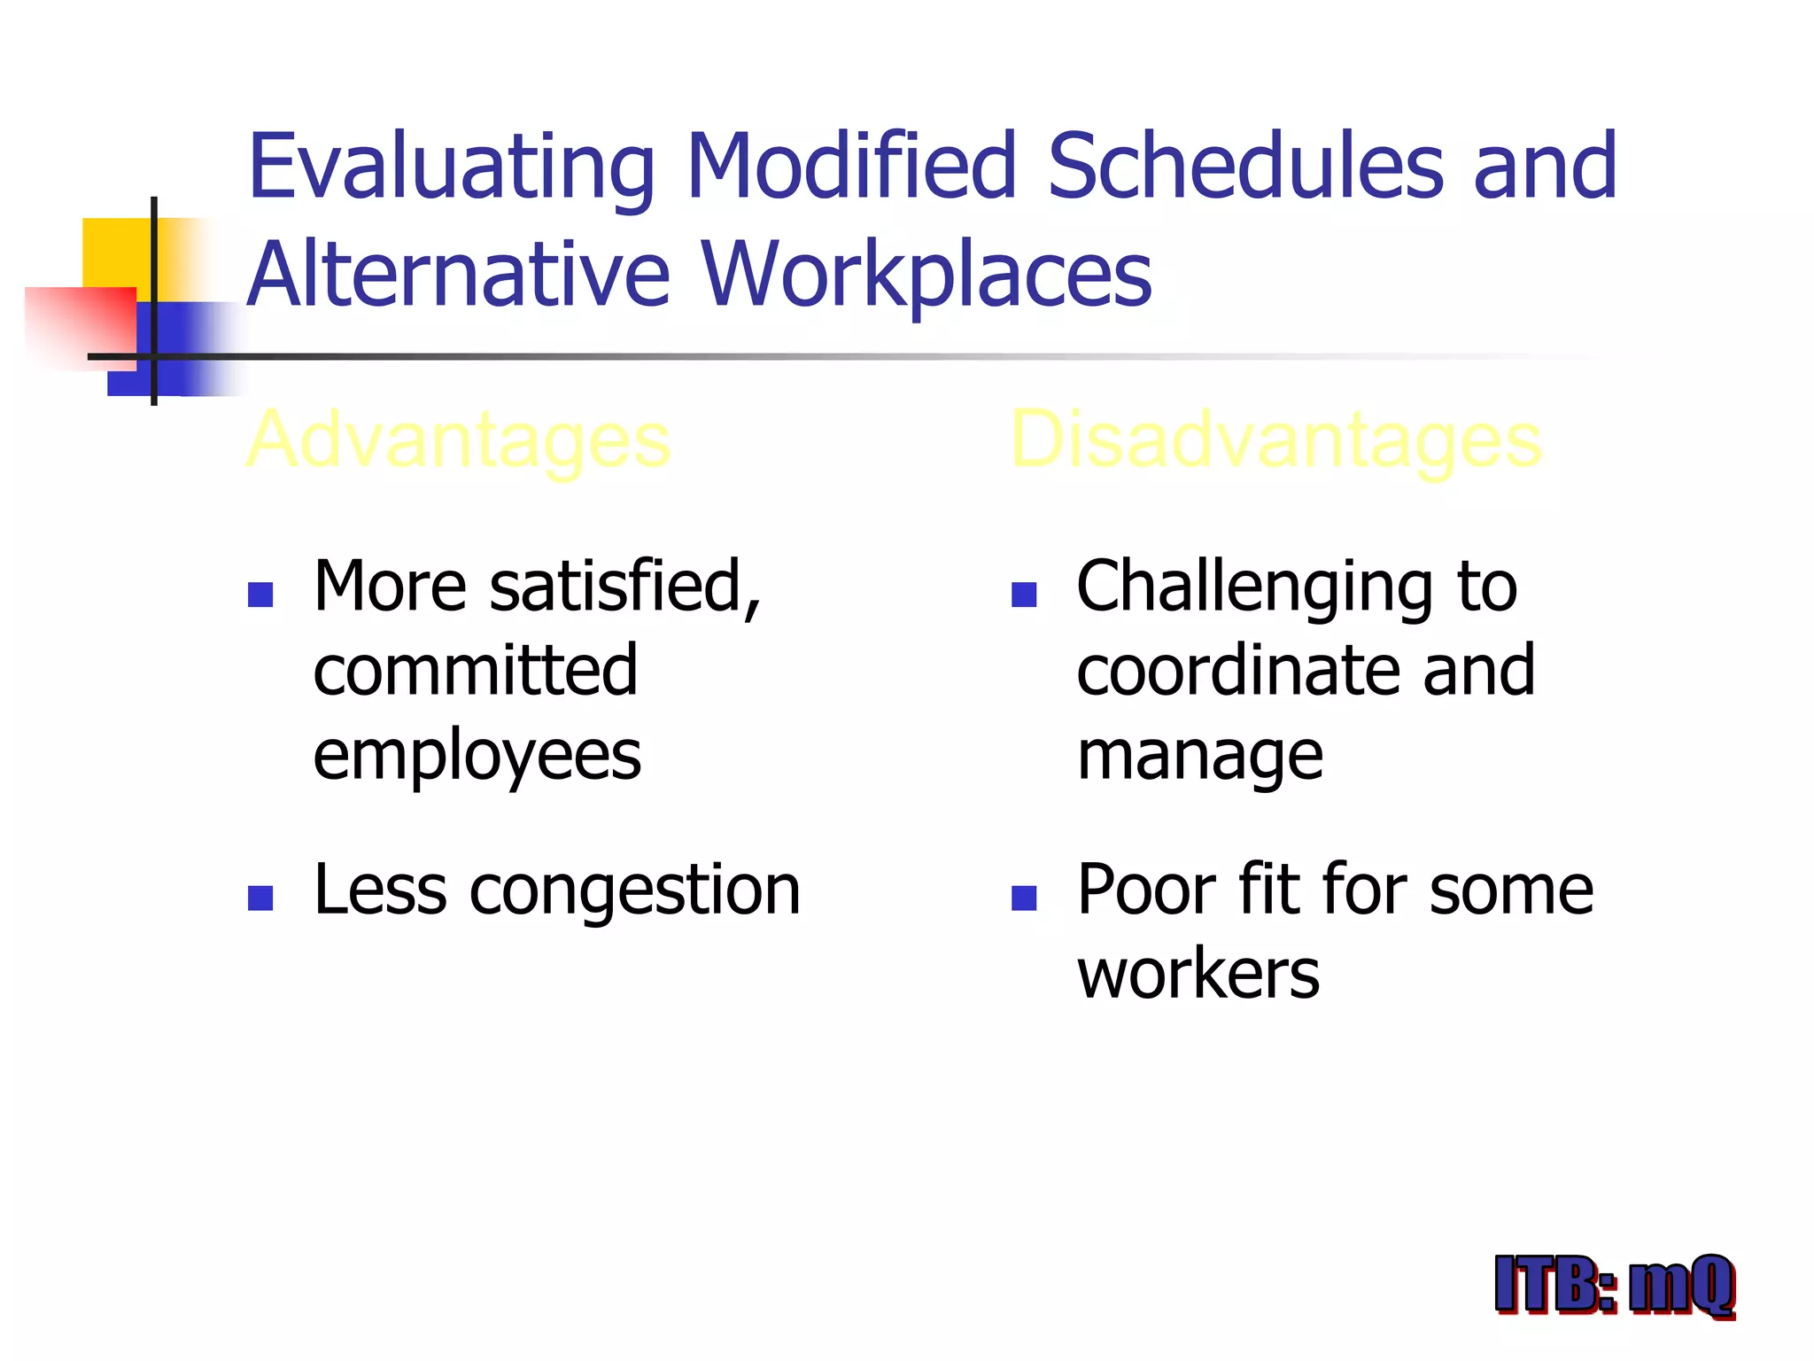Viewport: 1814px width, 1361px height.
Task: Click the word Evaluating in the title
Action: (x=450, y=168)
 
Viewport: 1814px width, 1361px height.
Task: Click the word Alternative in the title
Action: (x=458, y=275)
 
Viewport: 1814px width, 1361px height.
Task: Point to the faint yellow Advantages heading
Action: (x=458, y=440)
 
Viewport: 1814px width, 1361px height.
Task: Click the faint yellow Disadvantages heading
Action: (x=1275, y=440)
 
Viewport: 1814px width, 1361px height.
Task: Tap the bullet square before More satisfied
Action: (x=260, y=594)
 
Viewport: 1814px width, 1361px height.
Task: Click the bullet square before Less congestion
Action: (x=260, y=898)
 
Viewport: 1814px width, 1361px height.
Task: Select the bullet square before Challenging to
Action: (x=1023, y=594)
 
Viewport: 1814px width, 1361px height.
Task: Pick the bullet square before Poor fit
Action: (x=1023, y=898)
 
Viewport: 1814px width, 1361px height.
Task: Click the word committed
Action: (x=475, y=670)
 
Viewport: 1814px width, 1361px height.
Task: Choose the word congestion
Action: (x=634, y=890)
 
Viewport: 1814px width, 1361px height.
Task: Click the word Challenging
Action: (x=1254, y=588)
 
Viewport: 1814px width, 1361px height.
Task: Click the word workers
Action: (x=1198, y=975)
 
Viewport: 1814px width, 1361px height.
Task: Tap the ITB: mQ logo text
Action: (x=1614, y=1285)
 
